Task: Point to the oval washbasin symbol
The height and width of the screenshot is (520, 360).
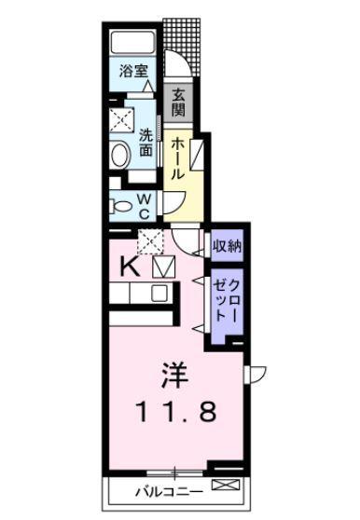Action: pyautogui.click(x=119, y=155)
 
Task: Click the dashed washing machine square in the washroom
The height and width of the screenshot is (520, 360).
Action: pyautogui.click(x=120, y=120)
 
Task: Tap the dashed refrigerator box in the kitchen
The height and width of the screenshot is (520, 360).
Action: pyautogui.click(x=151, y=240)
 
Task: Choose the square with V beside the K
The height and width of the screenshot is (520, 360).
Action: pyautogui.click(x=162, y=267)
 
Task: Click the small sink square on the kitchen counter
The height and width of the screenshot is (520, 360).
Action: pyautogui.click(x=159, y=293)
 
